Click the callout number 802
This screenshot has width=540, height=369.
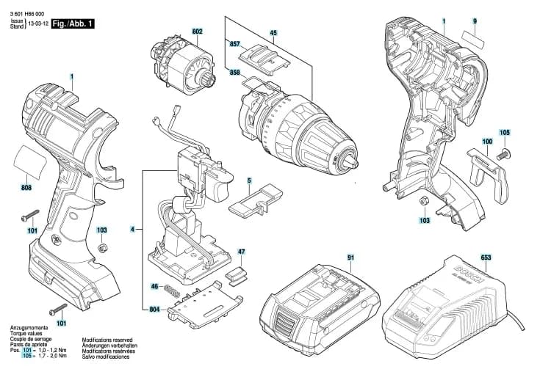click(x=198, y=32)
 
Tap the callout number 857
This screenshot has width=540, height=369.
click(x=234, y=45)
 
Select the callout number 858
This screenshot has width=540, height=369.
click(x=234, y=73)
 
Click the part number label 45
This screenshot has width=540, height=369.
click(x=273, y=33)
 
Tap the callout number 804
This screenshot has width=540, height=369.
click(x=154, y=310)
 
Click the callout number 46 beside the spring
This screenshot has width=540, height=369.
click(x=154, y=286)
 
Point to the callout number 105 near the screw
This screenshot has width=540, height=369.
click(x=504, y=133)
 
